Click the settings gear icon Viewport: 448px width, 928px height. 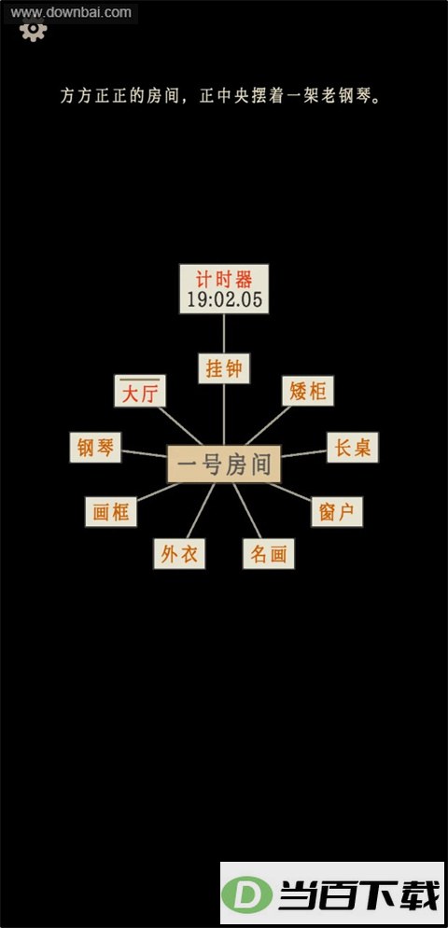34,30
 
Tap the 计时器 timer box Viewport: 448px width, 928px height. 224,289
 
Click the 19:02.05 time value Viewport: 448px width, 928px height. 225,299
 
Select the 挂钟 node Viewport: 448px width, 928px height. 224,368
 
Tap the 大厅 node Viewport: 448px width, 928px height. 140,391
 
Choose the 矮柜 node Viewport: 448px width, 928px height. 308,391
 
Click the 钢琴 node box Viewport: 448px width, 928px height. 95,448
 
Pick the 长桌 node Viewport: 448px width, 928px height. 353,448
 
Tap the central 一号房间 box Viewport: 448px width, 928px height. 224,464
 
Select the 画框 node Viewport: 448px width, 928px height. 111,512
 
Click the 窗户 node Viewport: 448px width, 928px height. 337,512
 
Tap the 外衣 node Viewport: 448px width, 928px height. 179,554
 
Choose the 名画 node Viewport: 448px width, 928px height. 269,554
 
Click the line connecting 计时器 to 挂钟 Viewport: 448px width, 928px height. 224,333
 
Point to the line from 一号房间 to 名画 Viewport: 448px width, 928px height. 247,511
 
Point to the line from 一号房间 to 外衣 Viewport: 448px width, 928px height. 201,511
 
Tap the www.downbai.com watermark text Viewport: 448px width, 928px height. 71,12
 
